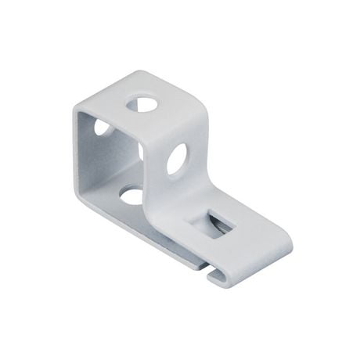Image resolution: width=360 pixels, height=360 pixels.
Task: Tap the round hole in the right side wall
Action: click(177, 159)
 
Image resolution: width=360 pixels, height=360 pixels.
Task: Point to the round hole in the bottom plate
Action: click(131, 193)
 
